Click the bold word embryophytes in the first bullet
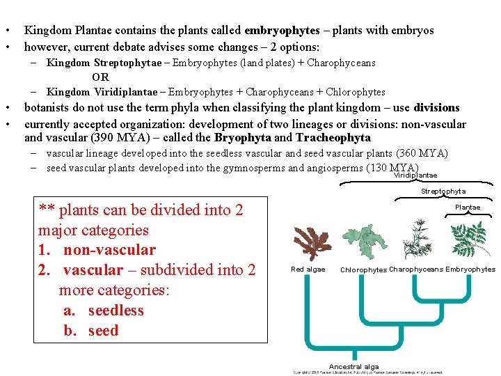coord(282,31)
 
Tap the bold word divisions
coord(436,108)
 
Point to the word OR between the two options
coord(100,77)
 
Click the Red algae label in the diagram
coord(308,269)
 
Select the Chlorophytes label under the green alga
coord(363,270)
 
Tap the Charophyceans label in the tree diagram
coord(416,269)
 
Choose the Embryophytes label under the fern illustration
coord(470,269)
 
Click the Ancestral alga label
coord(354,367)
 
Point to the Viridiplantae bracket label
coord(415,175)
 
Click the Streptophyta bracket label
coord(443,191)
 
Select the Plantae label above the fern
coord(468,207)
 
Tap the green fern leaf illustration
coord(470,239)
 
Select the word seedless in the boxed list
coord(116,311)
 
